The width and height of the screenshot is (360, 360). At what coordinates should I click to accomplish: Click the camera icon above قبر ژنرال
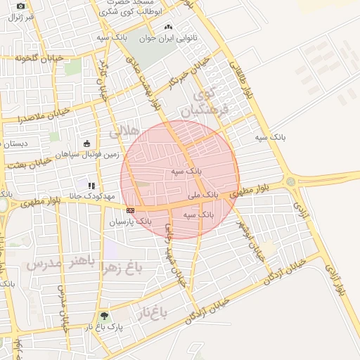tap(20, 6)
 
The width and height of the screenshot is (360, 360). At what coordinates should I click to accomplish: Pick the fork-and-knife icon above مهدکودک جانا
tap(91, 186)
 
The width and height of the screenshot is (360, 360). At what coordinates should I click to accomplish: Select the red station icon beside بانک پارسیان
tap(130, 210)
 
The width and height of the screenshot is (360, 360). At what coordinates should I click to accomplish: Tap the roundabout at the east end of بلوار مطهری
tap(290, 182)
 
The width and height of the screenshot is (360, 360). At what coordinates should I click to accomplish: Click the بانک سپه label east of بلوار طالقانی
tap(271, 138)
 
